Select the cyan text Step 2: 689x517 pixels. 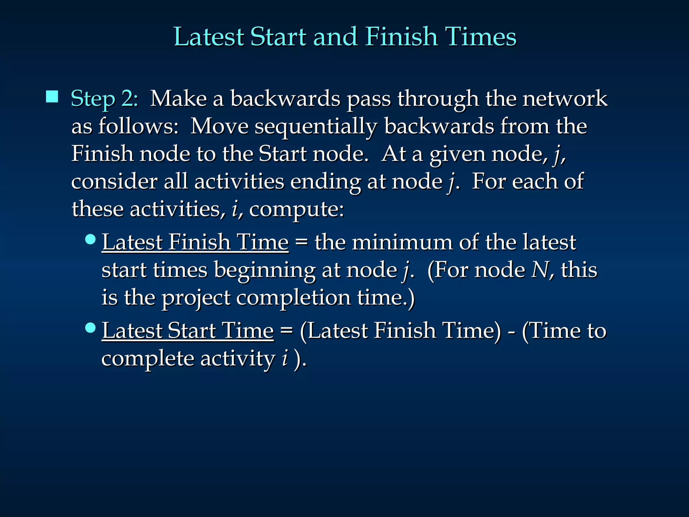tap(105, 99)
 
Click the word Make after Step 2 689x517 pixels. tap(178, 99)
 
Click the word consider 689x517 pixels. tap(114, 182)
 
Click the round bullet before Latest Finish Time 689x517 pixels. tap(90, 240)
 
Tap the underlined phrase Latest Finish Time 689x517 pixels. tap(195, 242)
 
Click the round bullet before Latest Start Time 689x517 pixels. tap(90, 328)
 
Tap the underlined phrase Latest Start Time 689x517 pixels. tap(188, 330)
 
